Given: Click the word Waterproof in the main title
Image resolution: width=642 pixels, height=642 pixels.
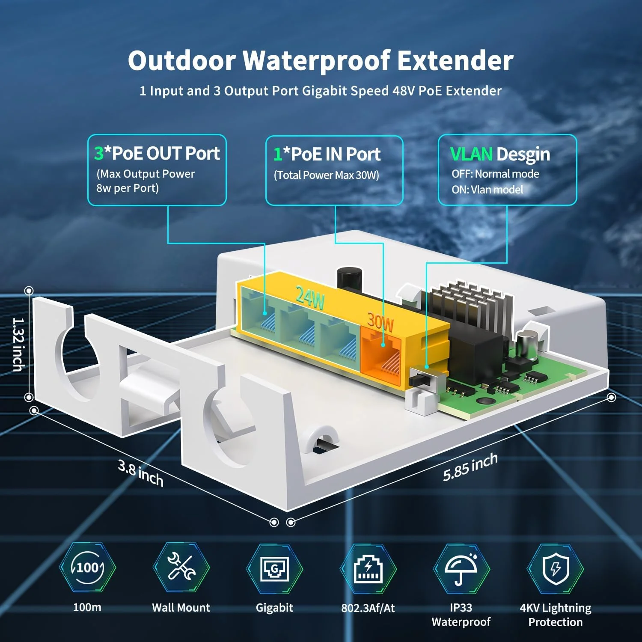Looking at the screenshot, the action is [317, 61].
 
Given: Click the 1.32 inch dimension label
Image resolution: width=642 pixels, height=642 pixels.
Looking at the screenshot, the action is [18, 344].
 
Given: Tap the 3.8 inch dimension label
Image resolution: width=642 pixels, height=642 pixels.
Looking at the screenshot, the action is [140, 473].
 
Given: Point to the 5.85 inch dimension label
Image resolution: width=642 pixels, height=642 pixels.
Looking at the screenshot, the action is [470, 467].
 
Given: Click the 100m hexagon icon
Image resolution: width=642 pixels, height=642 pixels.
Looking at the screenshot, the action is [88, 568].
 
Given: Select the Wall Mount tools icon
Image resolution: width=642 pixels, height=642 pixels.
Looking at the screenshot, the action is [181, 568].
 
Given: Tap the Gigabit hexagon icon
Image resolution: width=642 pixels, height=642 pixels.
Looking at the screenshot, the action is [274, 568].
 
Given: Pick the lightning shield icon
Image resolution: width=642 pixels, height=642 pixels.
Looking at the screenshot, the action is [555, 568].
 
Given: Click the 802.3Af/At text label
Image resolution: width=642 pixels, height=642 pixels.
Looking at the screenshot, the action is [368, 608].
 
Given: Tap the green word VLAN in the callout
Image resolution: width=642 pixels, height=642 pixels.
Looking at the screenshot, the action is [471, 154].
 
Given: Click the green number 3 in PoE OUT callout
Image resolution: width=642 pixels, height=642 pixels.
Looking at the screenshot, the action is [99, 153].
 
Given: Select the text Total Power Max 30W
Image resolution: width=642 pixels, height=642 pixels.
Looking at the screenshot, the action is [327, 175].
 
